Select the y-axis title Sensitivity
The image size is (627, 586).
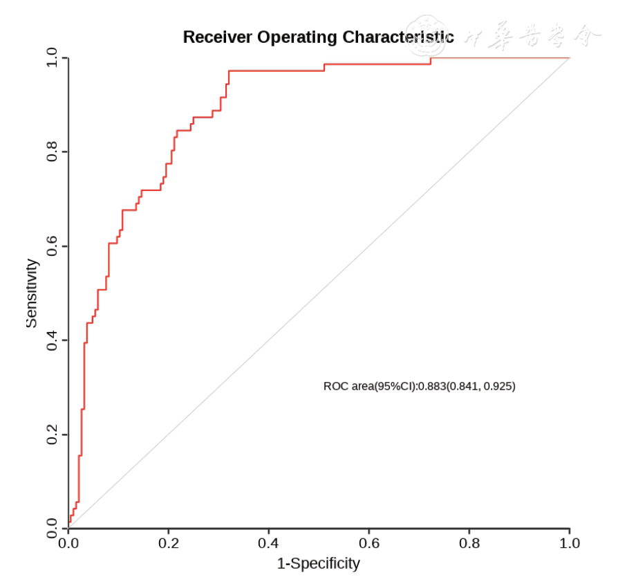click(31, 293)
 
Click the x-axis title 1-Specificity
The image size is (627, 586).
click(319, 564)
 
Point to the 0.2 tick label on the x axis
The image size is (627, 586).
click(169, 543)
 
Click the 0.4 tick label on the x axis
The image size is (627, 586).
click(269, 543)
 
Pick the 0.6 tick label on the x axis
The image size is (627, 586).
click(369, 543)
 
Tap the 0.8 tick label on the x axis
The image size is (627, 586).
click(469, 543)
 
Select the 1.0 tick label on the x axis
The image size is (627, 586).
click(570, 543)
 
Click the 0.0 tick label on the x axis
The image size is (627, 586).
click(68, 543)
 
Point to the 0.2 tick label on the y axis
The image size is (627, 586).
click(53, 434)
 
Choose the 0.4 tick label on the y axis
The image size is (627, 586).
click(53, 340)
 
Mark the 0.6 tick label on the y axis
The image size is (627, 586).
click(53, 246)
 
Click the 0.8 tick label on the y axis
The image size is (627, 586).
click(53, 152)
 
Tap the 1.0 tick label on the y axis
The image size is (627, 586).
click(53, 58)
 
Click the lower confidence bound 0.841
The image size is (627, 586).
click(463, 386)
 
